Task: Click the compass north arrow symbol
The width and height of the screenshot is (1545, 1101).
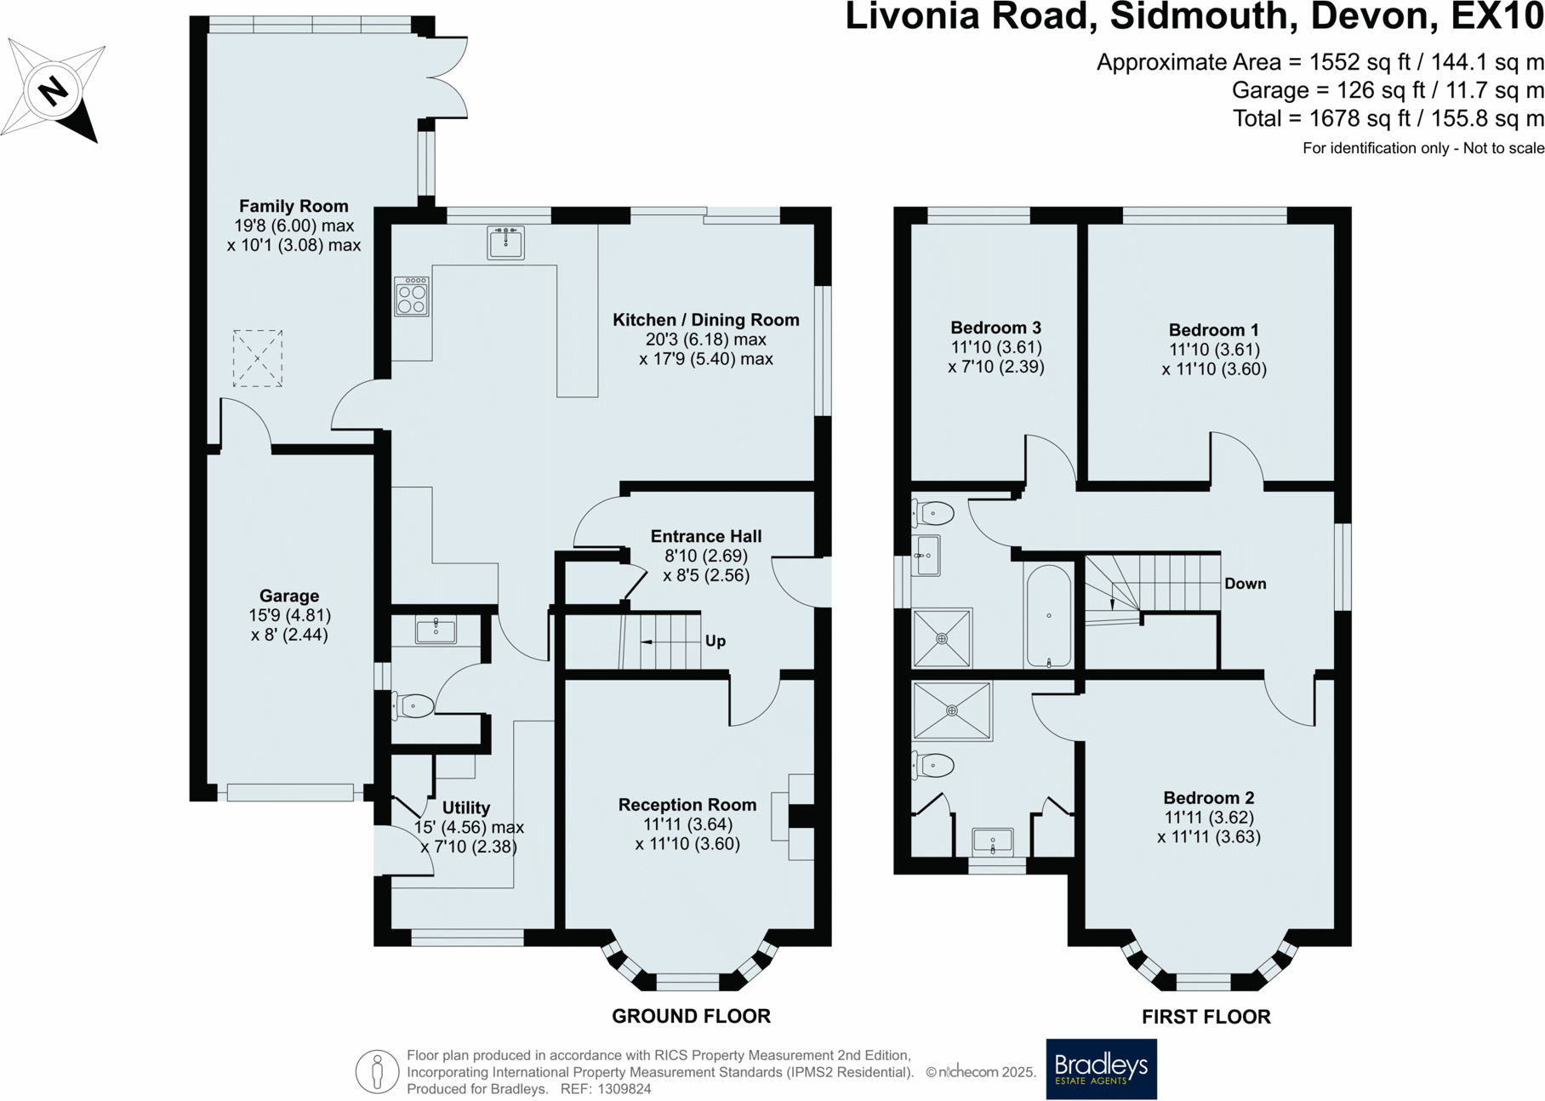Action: (54, 89)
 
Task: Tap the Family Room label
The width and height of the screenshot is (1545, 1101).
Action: (294, 206)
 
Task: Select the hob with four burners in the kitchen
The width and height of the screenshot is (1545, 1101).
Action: (412, 296)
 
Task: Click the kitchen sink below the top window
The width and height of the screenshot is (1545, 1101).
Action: (505, 242)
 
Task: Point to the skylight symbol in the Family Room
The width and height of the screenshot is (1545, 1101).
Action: (258, 358)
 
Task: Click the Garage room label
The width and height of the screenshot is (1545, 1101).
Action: (289, 596)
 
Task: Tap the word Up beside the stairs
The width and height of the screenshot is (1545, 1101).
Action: (715, 641)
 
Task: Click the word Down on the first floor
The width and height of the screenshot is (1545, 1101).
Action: (1246, 584)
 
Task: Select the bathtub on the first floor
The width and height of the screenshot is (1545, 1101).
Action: (1049, 615)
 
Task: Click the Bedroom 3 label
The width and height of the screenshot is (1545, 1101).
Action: (995, 328)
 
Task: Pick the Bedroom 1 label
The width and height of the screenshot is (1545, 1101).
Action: (1214, 330)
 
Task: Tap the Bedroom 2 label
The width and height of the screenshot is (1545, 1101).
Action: (1209, 797)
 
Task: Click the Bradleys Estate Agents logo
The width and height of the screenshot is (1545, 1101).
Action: (1101, 1069)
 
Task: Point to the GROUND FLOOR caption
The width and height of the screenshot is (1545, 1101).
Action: (691, 1016)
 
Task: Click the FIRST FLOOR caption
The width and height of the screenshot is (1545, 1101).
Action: (1206, 1017)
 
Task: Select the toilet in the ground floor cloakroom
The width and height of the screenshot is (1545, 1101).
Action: (413, 705)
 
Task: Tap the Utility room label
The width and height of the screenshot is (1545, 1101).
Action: (466, 807)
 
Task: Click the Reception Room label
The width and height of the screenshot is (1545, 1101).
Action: (687, 804)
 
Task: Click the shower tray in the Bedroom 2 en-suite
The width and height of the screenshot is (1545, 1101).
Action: (952, 710)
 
